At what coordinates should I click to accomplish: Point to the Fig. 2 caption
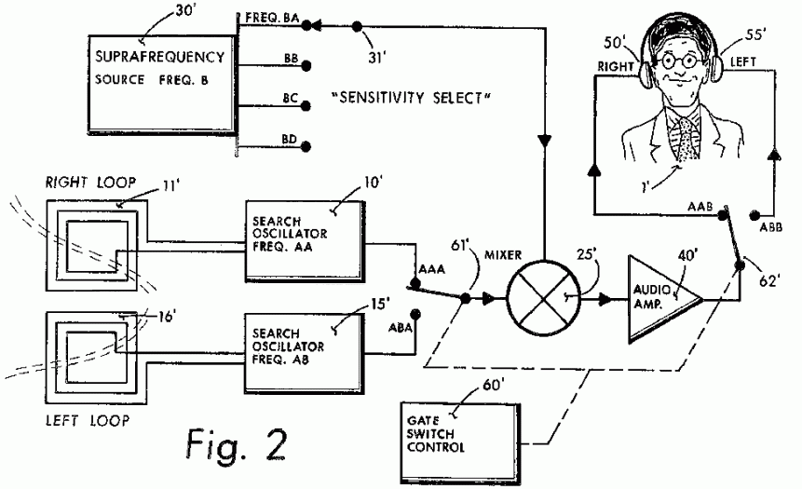pyautogui.click(x=227, y=438)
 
